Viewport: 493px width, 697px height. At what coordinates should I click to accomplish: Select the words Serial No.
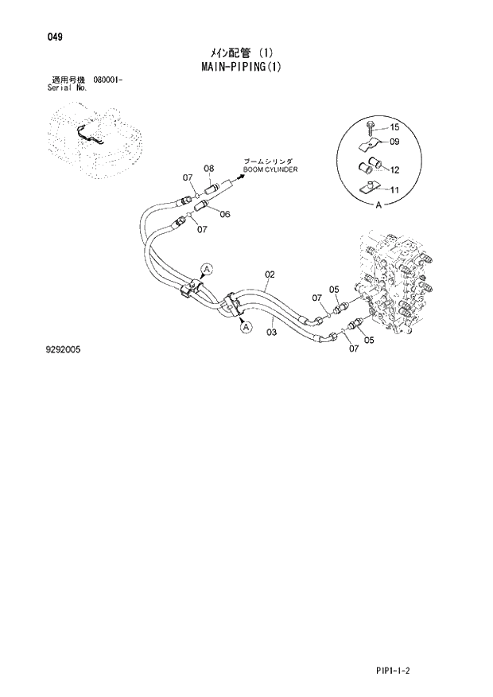(x=68, y=88)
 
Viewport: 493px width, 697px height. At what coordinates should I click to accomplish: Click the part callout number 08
(x=209, y=168)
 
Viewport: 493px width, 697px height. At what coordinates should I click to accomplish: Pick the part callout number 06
(x=225, y=214)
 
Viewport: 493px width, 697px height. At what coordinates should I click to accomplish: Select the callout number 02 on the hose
(x=270, y=275)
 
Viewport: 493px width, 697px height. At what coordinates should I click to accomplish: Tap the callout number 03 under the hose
(x=271, y=332)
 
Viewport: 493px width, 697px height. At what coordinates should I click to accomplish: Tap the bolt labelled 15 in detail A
(x=371, y=127)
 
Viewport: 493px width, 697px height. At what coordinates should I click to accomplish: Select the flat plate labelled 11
(x=368, y=189)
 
